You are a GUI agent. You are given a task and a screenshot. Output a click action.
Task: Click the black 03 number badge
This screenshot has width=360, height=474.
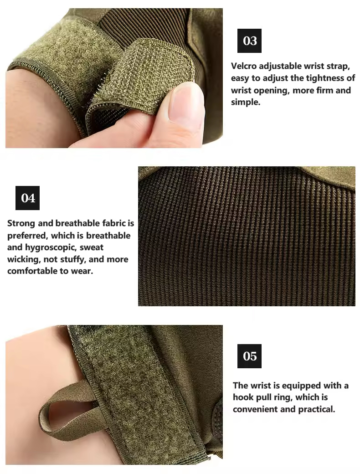249,41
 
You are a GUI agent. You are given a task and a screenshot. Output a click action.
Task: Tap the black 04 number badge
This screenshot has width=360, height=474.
27,198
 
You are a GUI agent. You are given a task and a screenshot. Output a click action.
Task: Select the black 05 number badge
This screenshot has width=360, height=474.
249,356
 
